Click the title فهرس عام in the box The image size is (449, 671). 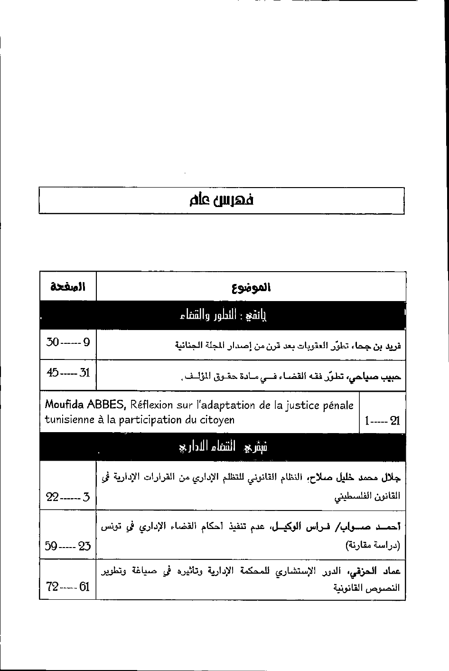click(221, 201)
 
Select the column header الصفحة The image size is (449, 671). click(67, 287)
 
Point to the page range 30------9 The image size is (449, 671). click(68, 342)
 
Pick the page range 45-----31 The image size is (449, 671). click(68, 372)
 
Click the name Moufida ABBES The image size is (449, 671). click(85, 405)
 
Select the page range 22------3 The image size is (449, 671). click(68, 497)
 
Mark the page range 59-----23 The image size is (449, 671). click(68, 546)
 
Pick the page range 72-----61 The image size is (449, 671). click(68, 587)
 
